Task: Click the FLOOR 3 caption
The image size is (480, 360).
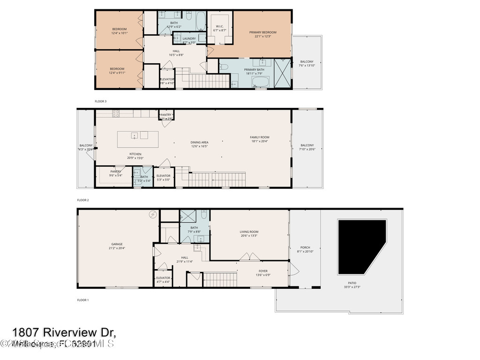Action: [x=101, y=101]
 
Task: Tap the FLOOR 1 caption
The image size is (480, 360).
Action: [x=82, y=300]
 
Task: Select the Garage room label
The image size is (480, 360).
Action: [x=117, y=246]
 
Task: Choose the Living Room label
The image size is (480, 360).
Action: [x=249, y=233]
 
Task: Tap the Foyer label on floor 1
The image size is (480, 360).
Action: [x=263, y=273]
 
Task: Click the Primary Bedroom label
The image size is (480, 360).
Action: [x=262, y=35]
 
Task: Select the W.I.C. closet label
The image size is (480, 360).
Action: [x=220, y=28]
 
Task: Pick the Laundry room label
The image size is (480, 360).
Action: [x=189, y=40]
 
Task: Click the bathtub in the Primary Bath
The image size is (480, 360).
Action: [x=260, y=83]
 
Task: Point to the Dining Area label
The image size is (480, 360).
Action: [x=199, y=144]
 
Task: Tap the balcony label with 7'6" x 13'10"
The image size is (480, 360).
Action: [x=307, y=64]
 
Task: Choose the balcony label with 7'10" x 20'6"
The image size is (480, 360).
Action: [x=307, y=147]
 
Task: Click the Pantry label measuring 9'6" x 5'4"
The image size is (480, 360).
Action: [x=116, y=173]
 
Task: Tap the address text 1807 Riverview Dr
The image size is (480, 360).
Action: [x=64, y=332]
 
